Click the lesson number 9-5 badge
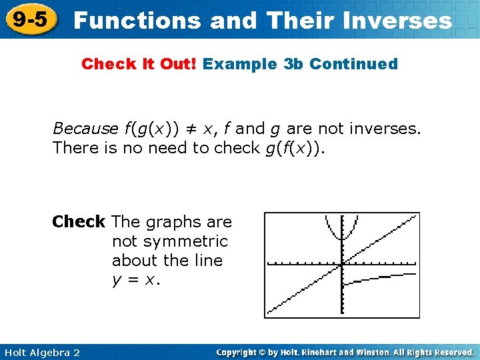[29, 19]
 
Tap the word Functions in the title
[138, 20]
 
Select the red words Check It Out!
[140, 64]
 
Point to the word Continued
[353, 64]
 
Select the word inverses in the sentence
[387, 127]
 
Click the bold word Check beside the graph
[79, 221]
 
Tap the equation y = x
[136, 280]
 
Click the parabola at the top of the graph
[341, 230]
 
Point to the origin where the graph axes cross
[341, 263]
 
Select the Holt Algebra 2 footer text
[41, 352]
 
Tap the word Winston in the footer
[369, 352]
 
